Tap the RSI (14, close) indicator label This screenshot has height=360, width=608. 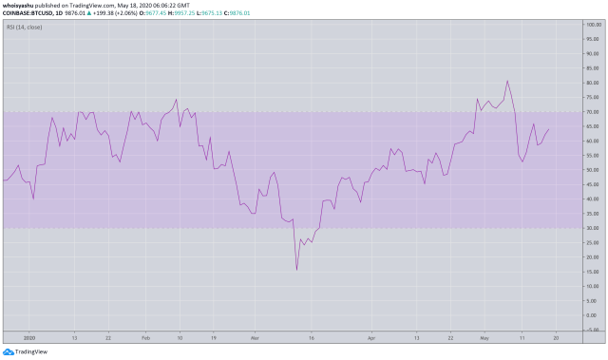point(25,28)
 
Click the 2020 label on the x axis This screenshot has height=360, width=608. point(28,337)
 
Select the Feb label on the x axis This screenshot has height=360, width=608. point(145,337)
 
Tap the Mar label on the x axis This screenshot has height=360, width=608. point(254,337)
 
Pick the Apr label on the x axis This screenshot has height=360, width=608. point(371,337)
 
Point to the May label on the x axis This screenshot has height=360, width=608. point(484,337)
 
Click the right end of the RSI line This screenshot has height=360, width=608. point(549,130)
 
